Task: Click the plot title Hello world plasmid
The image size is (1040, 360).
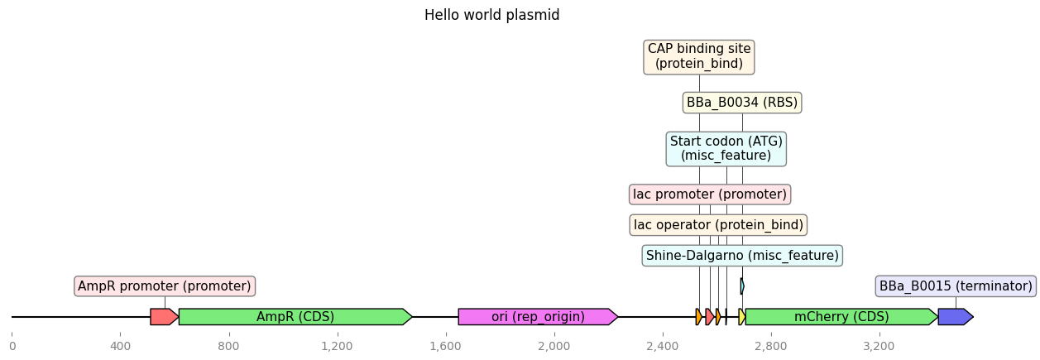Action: click(491, 15)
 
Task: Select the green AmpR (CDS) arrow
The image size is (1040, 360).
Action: click(295, 317)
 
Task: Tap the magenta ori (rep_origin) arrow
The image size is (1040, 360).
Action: click(538, 317)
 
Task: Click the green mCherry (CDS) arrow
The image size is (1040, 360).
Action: click(841, 317)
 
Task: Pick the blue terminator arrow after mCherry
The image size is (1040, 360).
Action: click(956, 317)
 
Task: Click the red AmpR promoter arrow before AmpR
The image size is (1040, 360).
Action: click(165, 317)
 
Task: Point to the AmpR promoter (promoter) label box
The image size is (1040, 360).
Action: click(165, 286)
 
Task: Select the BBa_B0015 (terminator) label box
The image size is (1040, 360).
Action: click(956, 286)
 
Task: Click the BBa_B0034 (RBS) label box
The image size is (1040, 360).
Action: click(742, 102)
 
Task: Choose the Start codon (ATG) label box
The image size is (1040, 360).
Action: click(726, 149)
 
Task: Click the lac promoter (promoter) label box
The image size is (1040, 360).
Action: click(710, 194)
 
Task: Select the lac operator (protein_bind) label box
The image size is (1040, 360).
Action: click(718, 225)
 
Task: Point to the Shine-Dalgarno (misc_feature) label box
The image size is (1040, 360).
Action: click(742, 256)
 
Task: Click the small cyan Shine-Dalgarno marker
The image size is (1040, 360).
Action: click(742, 286)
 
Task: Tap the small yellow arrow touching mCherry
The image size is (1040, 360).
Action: click(742, 317)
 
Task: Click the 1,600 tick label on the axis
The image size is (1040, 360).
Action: click(446, 347)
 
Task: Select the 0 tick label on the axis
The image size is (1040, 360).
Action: click(12, 347)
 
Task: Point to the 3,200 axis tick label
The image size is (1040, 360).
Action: click(879, 347)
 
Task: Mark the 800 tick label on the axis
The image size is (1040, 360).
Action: click(228, 347)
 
